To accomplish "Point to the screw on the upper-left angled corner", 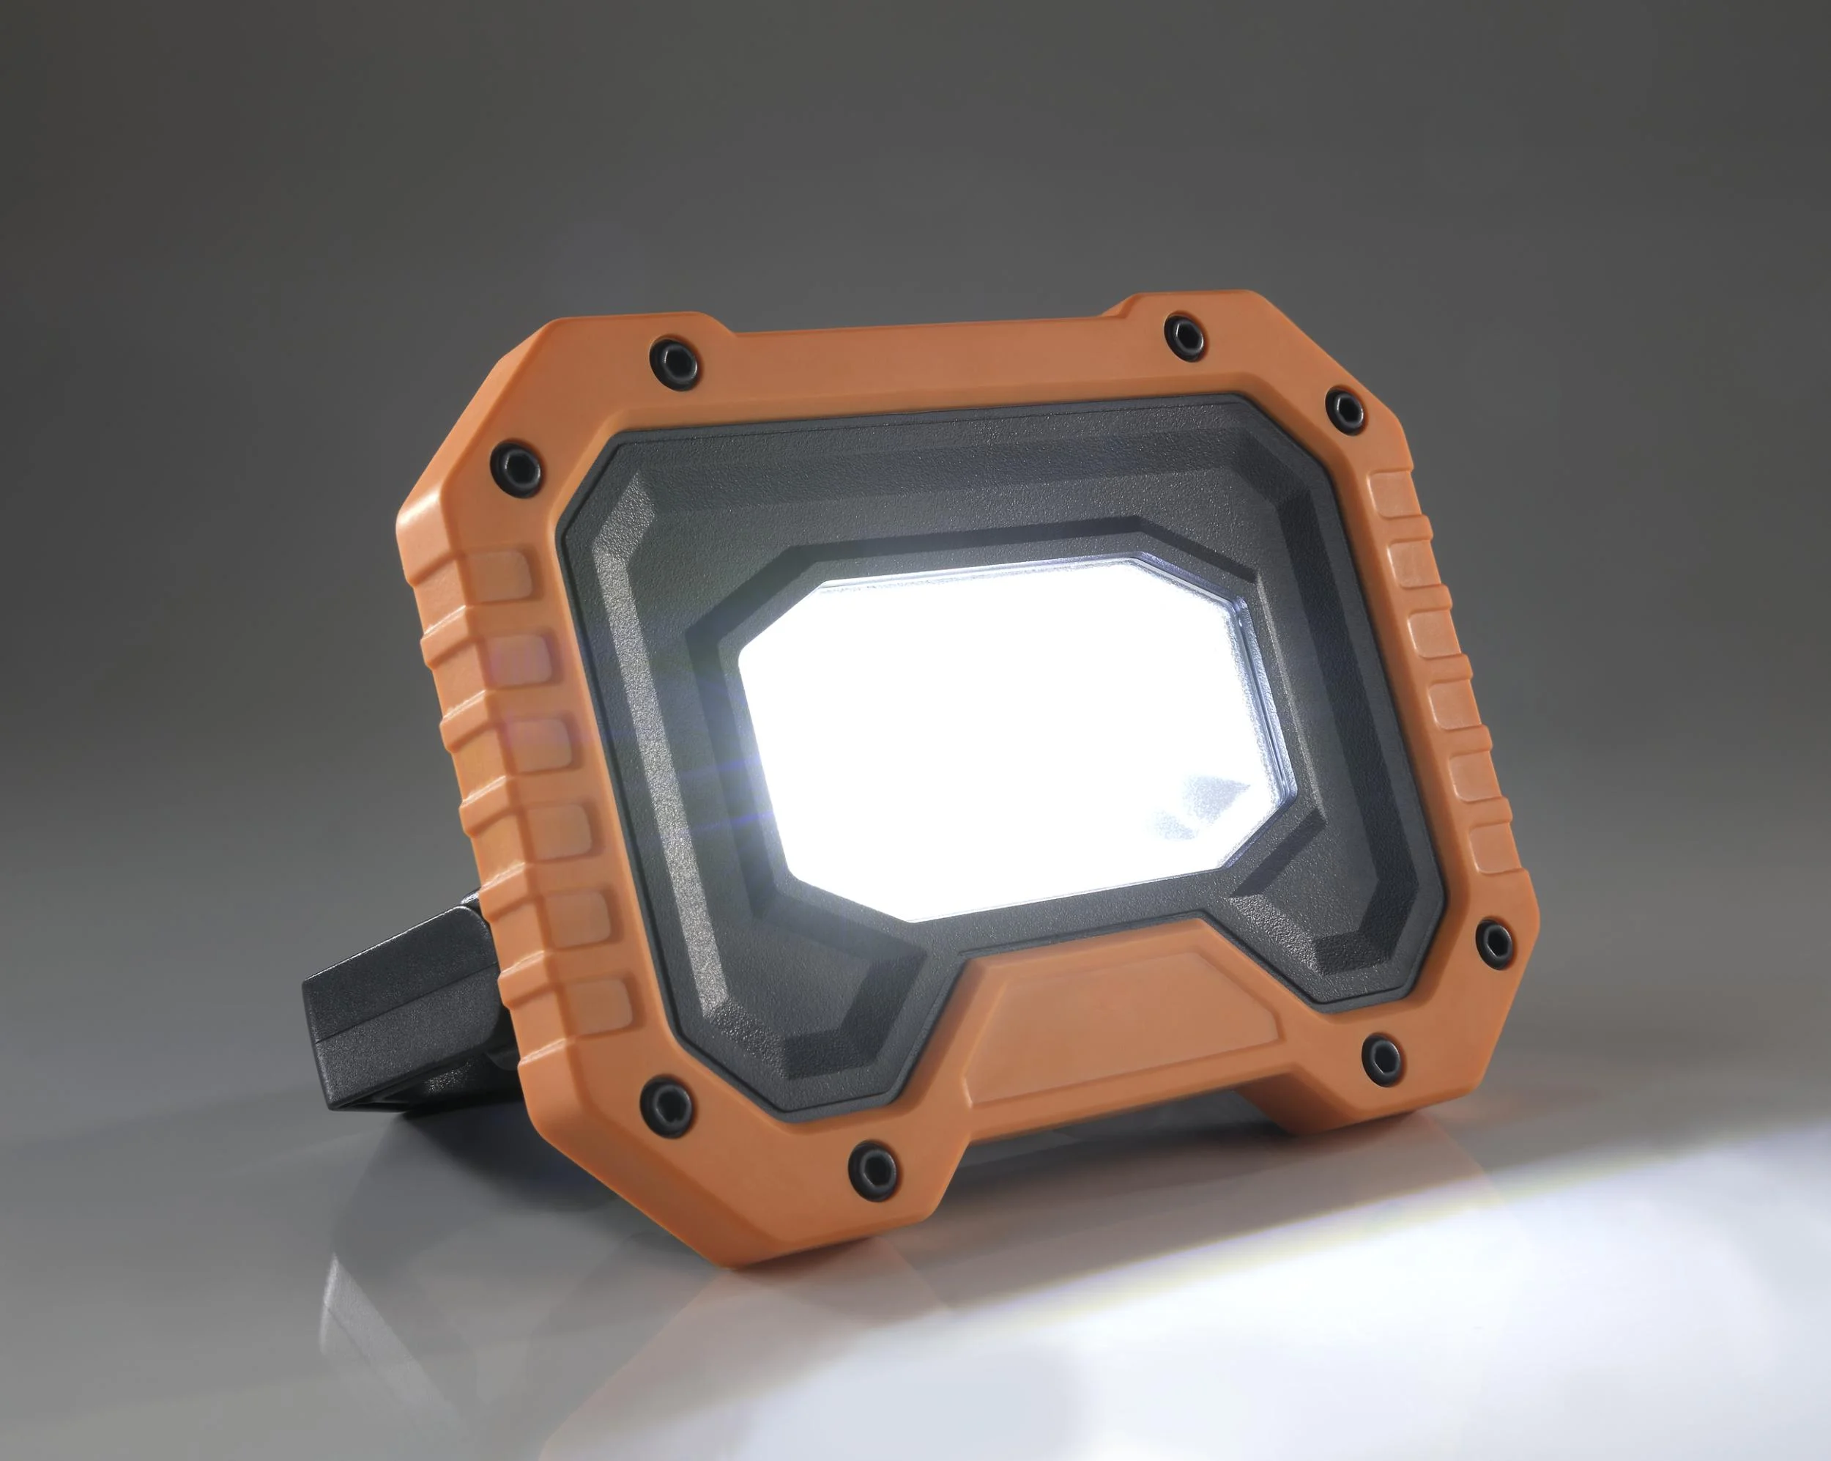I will tap(515, 465).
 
